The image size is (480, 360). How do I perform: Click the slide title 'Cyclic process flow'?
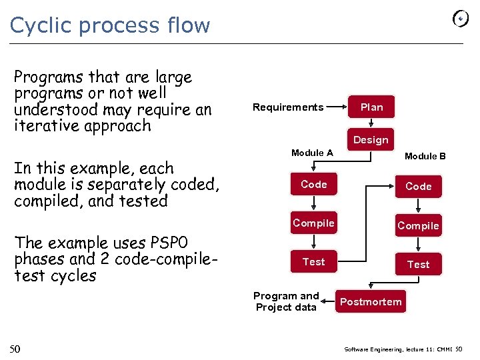(110, 25)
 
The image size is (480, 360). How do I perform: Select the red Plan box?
(371, 107)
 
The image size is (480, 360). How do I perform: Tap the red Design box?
(370, 139)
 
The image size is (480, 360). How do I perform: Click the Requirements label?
(288, 107)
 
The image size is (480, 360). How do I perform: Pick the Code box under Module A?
(313, 184)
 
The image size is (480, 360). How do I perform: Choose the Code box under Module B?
(418, 187)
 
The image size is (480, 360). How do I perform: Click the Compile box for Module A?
(313, 223)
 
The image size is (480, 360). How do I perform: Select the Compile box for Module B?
(418, 226)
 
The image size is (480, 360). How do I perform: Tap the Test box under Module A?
(313, 262)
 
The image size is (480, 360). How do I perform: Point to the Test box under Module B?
(418, 265)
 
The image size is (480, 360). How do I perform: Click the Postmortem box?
(371, 302)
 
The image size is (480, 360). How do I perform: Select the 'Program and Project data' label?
(286, 301)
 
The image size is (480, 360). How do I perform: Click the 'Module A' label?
(312, 153)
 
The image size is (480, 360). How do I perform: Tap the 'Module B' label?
(425, 156)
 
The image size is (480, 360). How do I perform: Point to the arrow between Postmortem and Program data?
(329, 302)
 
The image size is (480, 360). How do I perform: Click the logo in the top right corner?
(461, 19)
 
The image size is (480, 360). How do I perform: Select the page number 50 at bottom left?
(15, 349)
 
